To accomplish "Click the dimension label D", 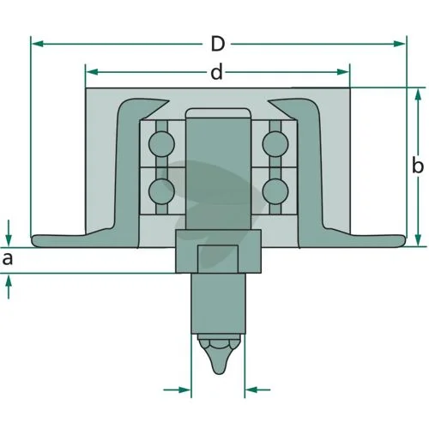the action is click(218, 44).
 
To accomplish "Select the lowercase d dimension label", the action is click(216, 71).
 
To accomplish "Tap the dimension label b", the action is click(417, 166).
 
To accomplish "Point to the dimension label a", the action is click(8, 259).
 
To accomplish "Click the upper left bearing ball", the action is click(161, 144).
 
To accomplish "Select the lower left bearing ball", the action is click(161, 191).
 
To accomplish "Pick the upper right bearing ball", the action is click(275, 144).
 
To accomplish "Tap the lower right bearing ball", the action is click(275, 191).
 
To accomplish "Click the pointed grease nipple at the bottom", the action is click(219, 354).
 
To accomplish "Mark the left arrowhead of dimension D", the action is click(37, 44).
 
